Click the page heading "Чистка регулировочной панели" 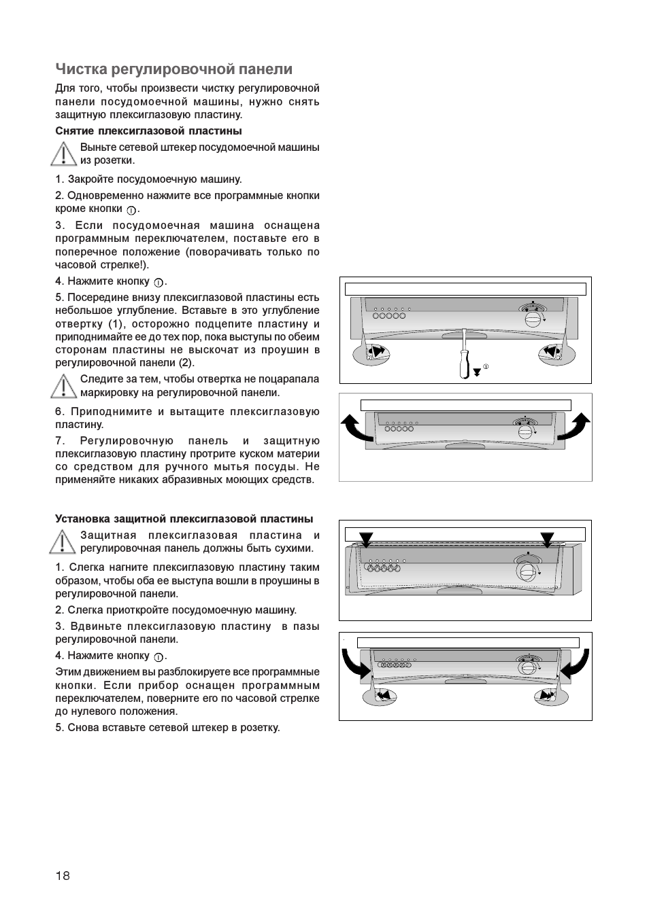point(173,69)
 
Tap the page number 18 point(63,875)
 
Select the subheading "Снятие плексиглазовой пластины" point(148,131)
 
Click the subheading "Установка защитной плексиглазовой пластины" point(184,519)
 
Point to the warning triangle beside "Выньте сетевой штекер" point(63,154)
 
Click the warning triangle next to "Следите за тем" point(63,386)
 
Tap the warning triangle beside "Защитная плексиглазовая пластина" point(63,542)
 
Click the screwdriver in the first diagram point(464,355)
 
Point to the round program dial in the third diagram point(525,569)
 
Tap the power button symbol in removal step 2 point(131,210)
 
